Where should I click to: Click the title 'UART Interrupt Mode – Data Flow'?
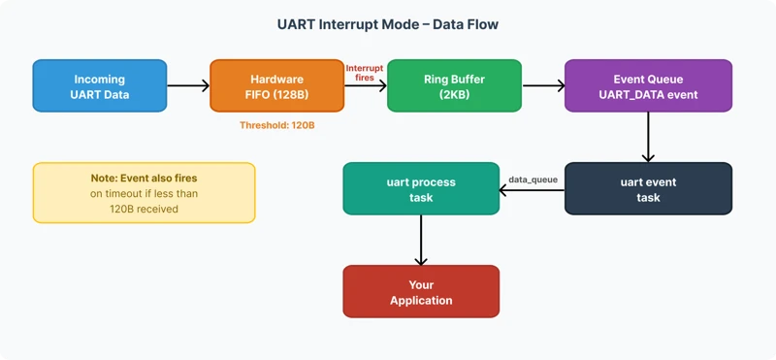(388, 24)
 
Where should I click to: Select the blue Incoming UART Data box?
(99, 85)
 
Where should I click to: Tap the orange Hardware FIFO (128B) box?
(276, 85)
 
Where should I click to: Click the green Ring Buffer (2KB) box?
(454, 85)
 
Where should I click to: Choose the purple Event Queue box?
(648, 85)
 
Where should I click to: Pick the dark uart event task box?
(648, 188)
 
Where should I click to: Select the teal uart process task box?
(420, 188)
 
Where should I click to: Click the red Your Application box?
(420, 291)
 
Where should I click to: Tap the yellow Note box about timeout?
(144, 193)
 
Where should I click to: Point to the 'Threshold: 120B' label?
(276, 125)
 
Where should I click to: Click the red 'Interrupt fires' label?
(366, 72)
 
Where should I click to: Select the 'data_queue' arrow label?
(533, 180)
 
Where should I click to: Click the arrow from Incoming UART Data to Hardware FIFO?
(188, 85)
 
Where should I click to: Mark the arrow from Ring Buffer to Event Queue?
(543, 85)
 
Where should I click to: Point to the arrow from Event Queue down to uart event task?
(648, 137)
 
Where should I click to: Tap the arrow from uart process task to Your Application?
(420, 240)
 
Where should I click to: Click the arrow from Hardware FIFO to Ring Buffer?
(366, 86)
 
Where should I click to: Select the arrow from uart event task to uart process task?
(532, 189)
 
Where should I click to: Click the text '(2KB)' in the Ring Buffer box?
(454, 95)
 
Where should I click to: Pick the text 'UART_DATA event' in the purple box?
(648, 95)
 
